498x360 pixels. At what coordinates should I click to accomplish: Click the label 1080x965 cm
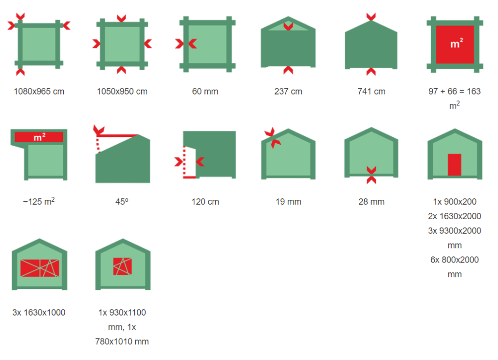pyautogui.click(x=39, y=92)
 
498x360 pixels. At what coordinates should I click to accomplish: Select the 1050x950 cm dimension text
pyautogui.click(x=122, y=92)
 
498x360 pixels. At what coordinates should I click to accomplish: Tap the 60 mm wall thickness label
pyautogui.click(x=205, y=92)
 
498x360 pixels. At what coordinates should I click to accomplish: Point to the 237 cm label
pyautogui.click(x=288, y=92)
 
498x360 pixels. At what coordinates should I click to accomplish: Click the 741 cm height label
pyautogui.click(x=371, y=92)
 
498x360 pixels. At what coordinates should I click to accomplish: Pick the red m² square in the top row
pyautogui.click(x=455, y=44)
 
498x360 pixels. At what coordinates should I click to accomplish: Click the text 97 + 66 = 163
pyautogui.click(x=455, y=92)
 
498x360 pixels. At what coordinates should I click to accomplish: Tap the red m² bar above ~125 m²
pyautogui.click(x=39, y=137)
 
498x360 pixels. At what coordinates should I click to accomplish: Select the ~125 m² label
pyautogui.click(x=39, y=201)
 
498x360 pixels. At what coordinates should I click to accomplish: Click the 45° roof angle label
pyautogui.click(x=122, y=202)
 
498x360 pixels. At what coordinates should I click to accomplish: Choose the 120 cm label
pyautogui.click(x=205, y=202)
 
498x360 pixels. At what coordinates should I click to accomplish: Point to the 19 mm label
pyautogui.click(x=288, y=202)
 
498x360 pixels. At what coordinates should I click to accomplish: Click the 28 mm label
pyautogui.click(x=371, y=202)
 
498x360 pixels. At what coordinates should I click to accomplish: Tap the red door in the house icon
pyautogui.click(x=455, y=165)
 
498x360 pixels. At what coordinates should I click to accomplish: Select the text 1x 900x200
pyautogui.click(x=455, y=202)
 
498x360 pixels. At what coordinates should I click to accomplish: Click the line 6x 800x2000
pyautogui.click(x=455, y=260)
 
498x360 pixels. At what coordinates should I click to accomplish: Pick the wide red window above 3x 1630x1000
pyautogui.click(x=40, y=268)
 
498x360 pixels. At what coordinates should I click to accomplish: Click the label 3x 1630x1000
pyautogui.click(x=39, y=313)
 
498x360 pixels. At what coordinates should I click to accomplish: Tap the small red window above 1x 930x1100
pyautogui.click(x=122, y=266)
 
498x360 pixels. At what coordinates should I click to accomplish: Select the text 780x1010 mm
pyautogui.click(x=122, y=342)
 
